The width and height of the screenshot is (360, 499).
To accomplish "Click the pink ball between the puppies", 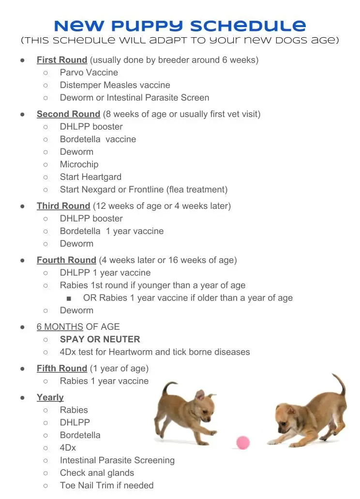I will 243,442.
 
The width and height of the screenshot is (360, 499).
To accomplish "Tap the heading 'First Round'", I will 62,60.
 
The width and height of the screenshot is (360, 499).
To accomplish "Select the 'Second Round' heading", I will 68,114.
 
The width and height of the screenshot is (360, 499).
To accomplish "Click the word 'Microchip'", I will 79,164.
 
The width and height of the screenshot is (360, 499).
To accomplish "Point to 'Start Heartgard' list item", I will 90,177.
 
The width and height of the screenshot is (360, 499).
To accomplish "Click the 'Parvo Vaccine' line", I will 89,73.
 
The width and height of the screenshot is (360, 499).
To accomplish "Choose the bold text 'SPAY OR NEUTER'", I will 100,339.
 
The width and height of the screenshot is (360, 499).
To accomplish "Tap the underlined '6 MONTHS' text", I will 60,327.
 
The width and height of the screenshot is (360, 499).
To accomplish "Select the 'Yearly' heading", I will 50,397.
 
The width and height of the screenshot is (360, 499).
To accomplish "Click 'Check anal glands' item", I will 97,473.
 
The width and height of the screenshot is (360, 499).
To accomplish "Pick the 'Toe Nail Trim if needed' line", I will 106,485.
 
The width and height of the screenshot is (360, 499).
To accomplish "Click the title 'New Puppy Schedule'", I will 180,25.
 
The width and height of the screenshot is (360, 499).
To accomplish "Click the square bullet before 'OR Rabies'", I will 69,298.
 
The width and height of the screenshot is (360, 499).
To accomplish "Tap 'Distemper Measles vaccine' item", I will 115,85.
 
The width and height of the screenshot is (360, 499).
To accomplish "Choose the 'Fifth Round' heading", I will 62,368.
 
